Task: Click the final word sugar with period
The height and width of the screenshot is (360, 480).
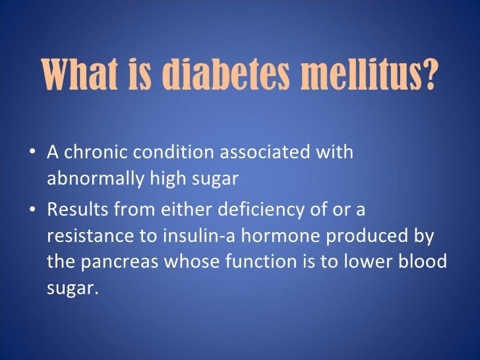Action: pos(71,288)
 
